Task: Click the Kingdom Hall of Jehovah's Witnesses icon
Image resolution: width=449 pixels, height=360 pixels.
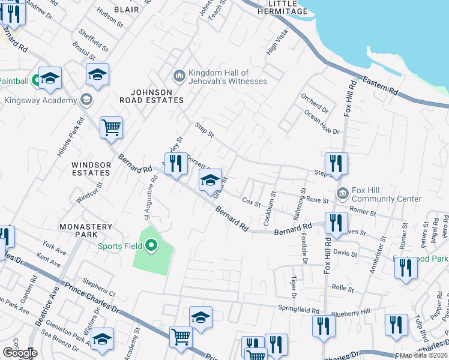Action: tap(179, 76)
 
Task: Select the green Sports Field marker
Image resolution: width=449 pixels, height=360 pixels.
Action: tap(151, 245)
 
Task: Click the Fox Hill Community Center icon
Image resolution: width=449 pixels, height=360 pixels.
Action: tap(342, 194)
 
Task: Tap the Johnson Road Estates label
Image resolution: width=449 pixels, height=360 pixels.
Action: tap(150, 96)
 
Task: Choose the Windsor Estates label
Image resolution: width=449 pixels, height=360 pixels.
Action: tap(91, 169)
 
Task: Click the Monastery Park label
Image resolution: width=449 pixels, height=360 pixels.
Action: tap(86, 231)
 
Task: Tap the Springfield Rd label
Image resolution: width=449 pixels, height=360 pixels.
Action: tap(298, 310)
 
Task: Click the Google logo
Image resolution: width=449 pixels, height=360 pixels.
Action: tap(20, 353)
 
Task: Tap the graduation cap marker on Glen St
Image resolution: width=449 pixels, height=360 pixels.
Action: tap(210, 180)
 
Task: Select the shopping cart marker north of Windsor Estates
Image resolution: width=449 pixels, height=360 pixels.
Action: tap(111, 127)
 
